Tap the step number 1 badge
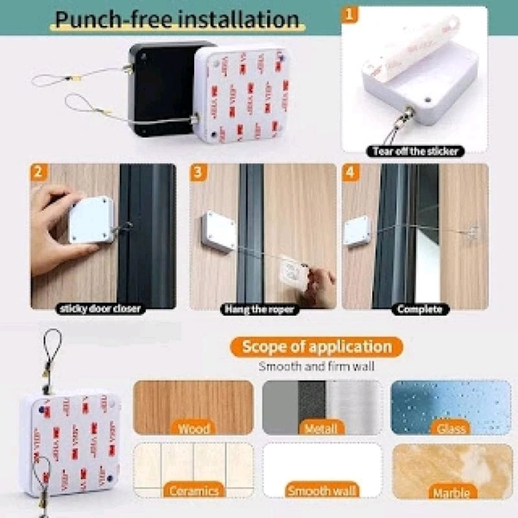click(x=349, y=15)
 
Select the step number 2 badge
click(x=38, y=170)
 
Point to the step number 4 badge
click(x=349, y=170)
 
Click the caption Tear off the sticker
click(x=415, y=151)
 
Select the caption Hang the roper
click(x=258, y=308)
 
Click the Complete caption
click(x=418, y=308)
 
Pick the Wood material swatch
click(x=193, y=407)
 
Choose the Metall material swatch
click(x=321, y=407)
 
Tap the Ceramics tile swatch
click(x=193, y=471)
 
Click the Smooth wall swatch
click(x=321, y=471)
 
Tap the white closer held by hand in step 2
click(x=91, y=221)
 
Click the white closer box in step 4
click(x=357, y=231)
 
